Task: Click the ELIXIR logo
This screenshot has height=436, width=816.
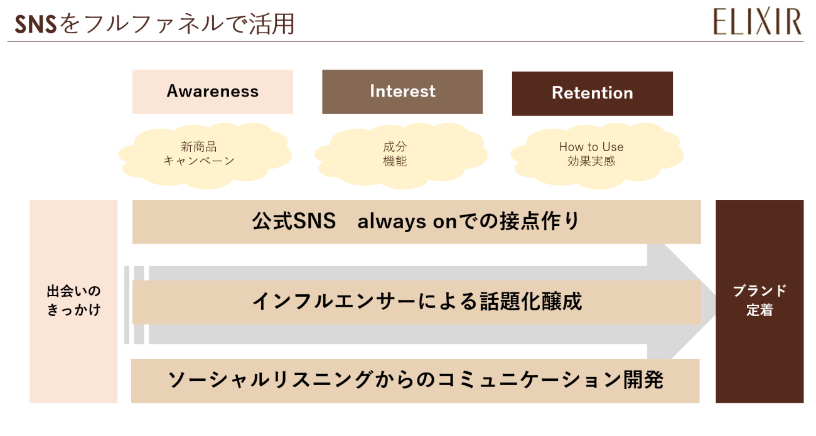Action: [x=757, y=22]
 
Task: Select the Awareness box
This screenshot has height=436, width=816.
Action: [x=212, y=92]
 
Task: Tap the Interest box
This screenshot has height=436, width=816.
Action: [x=402, y=92]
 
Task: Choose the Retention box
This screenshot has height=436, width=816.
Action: [x=592, y=93]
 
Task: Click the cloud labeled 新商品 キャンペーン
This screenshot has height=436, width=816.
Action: [x=205, y=154]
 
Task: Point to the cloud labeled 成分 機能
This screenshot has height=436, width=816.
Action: [x=400, y=154]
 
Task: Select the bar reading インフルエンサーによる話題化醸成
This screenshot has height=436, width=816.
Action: [x=416, y=302]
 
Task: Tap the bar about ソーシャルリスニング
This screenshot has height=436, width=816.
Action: [x=415, y=380]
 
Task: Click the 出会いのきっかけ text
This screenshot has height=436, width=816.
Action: [x=73, y=300]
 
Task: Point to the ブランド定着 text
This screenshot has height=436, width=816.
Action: [x=759, y=300]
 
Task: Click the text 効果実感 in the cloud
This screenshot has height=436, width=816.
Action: [x=591, y=161]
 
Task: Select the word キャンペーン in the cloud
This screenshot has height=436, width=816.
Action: [x=199, y=161]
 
